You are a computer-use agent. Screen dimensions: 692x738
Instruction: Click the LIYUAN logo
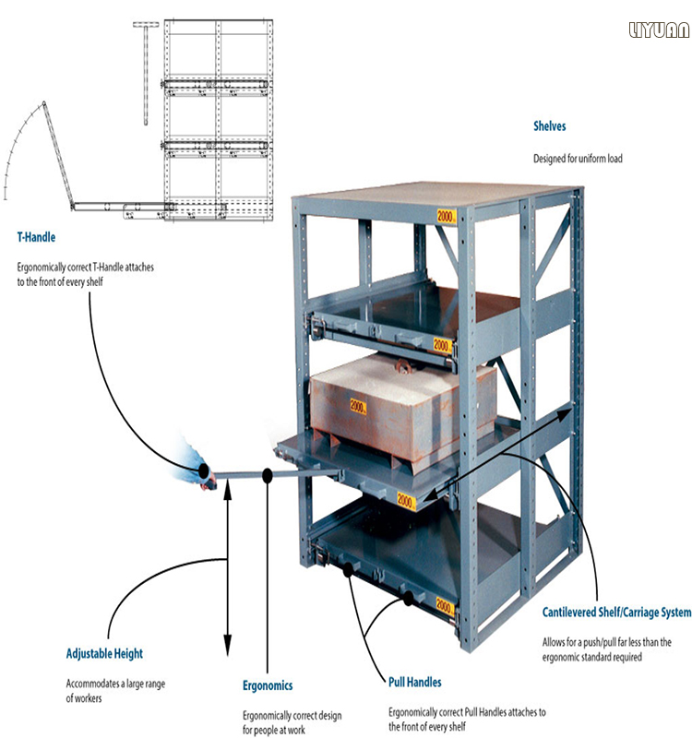[x=659, y=30]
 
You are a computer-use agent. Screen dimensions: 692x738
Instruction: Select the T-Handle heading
[x=36, y=237]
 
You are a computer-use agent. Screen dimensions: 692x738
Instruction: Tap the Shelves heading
[x=549, y=126]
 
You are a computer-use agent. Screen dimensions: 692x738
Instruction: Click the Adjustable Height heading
[x=104, y=654]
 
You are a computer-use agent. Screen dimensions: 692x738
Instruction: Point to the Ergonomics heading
[x=268, y=685]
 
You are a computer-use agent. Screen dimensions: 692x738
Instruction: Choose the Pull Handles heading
[x=414, y=682]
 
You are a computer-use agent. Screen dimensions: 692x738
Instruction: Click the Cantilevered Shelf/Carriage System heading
[x=616, y=613]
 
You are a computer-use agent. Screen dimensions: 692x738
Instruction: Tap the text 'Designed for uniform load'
[x=578, y=159]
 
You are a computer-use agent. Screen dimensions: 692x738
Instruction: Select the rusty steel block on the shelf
[x=402, y=407]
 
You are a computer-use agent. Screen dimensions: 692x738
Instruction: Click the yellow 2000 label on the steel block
[x=358, y=406]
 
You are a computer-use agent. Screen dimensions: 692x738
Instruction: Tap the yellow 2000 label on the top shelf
[x=447, y=217]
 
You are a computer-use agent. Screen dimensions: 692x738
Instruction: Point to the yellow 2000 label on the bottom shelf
[x=445, y=605]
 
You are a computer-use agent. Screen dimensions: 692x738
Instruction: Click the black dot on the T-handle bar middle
[x=267, y=476]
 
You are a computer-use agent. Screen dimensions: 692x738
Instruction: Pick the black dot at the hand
[x=204, y=470]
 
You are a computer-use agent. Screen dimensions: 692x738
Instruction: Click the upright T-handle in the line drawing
[x=146, y=73]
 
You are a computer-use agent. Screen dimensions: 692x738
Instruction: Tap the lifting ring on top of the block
[x=403, y=365]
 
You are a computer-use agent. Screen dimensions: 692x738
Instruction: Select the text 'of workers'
[x=84, y=698]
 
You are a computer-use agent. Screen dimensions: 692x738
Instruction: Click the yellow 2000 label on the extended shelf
[x=406, y=500]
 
